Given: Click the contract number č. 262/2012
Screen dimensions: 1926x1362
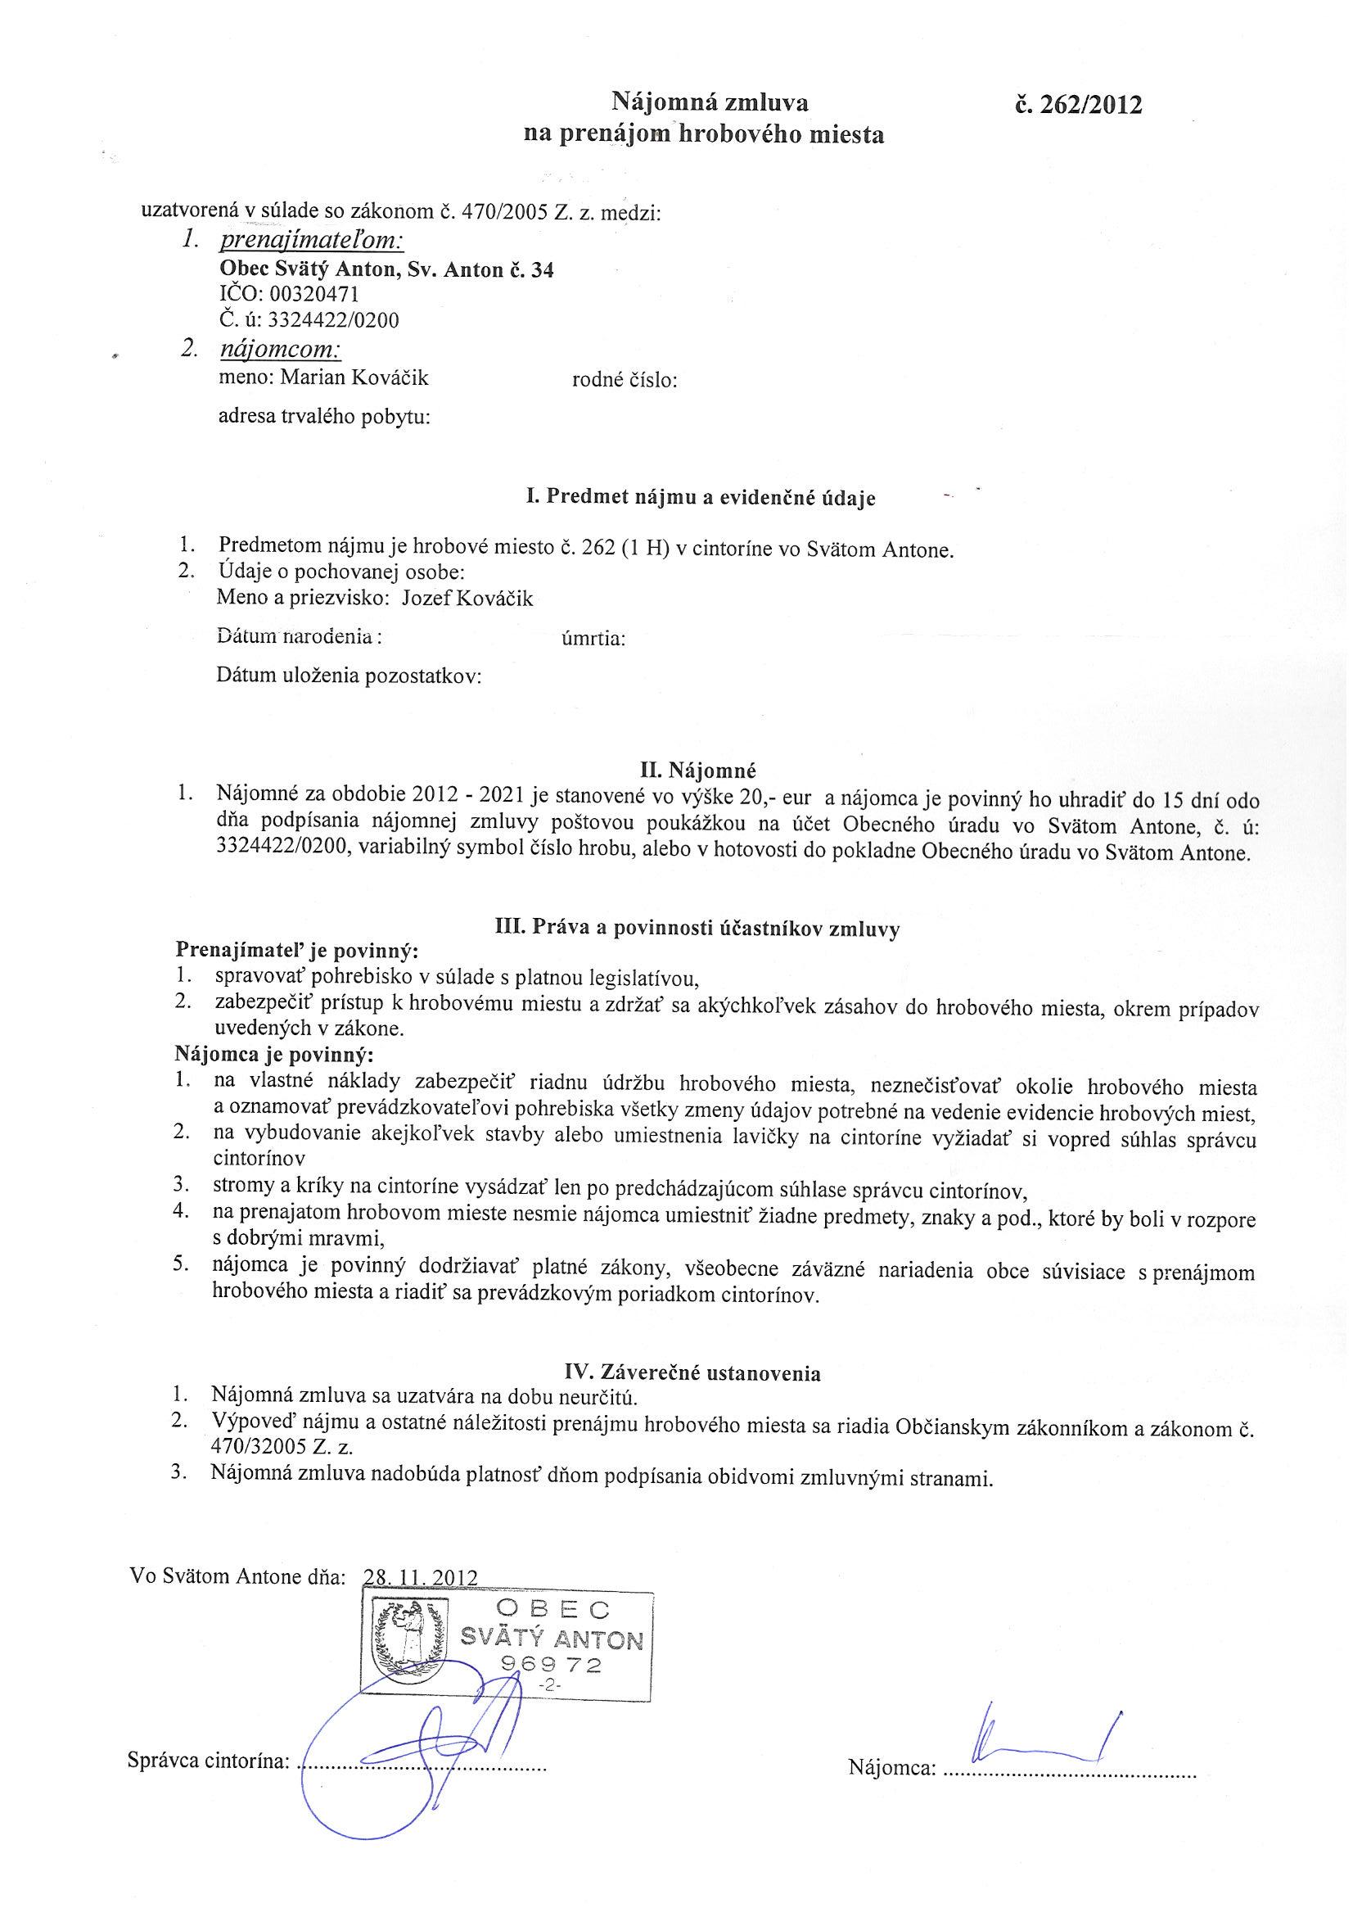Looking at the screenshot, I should [1078, 105].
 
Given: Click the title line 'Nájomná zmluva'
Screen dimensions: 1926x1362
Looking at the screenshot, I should [709, 102].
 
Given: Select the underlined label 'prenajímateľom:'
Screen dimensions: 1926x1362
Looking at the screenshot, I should [311, 242].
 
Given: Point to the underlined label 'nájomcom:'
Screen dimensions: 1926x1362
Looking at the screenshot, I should [279, 350].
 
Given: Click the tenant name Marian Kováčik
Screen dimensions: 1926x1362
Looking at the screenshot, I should [354, 378].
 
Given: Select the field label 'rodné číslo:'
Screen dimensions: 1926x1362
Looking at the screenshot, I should [625, 381].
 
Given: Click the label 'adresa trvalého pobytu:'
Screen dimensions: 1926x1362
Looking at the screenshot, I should [324, 417].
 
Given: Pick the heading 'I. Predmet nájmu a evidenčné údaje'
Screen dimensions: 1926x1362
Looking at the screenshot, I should [701, 497].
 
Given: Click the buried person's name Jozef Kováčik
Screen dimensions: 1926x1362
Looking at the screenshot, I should [468, 598].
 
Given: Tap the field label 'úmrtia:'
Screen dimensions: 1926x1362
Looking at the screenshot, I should [593, 640].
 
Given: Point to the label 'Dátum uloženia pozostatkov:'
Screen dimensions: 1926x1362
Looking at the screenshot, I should [349, 676].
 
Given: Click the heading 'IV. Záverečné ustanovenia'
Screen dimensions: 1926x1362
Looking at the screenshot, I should [692, 1373].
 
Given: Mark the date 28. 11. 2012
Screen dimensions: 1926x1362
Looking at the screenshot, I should [419, 1576].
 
